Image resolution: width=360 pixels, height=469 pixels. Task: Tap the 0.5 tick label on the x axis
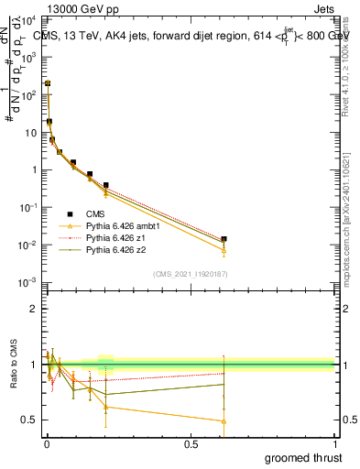191,444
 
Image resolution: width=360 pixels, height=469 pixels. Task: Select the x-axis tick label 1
335,444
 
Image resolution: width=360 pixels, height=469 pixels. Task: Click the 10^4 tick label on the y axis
29,18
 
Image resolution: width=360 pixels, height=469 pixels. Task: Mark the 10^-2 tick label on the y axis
29,245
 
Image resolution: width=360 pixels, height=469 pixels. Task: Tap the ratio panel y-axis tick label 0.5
29,420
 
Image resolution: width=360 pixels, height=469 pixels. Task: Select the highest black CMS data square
48,83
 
